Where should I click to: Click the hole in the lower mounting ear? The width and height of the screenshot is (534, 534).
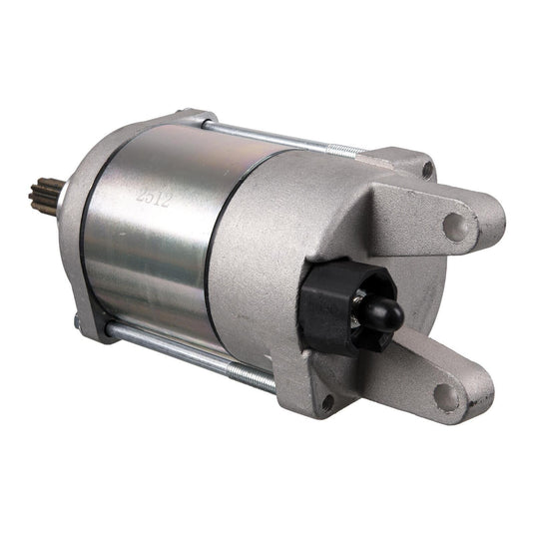point(448,396)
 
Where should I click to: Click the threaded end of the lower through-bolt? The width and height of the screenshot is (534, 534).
point(255,378)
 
